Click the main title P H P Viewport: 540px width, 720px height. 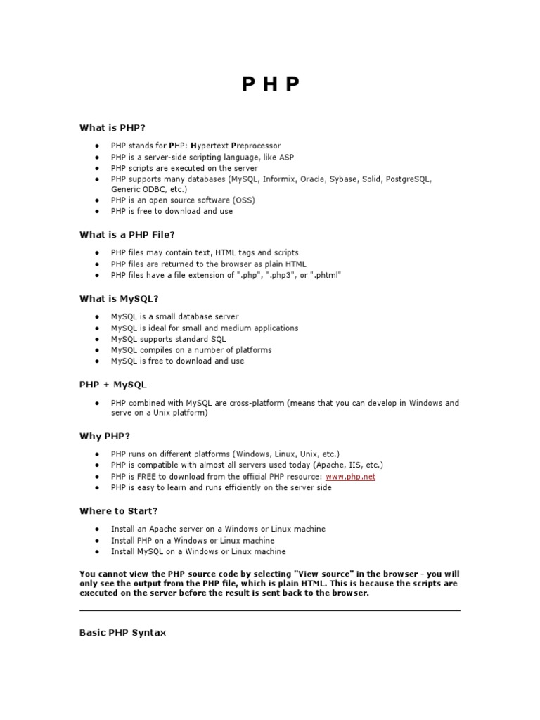(x=271, y=84)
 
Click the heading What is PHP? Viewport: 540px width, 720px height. (x=112, y=127)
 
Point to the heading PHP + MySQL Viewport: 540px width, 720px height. (x=112, y=385)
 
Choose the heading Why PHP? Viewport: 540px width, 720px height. (x=105, y=437)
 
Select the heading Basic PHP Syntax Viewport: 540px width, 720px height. (x=123, y=633)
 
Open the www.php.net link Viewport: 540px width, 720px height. (x=350, y=477)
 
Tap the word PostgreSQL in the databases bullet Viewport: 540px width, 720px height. (x=405, y=179)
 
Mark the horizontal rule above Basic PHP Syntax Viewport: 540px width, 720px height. (x=270, y=610)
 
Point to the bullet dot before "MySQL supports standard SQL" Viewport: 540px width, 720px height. (x=96, y=339)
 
